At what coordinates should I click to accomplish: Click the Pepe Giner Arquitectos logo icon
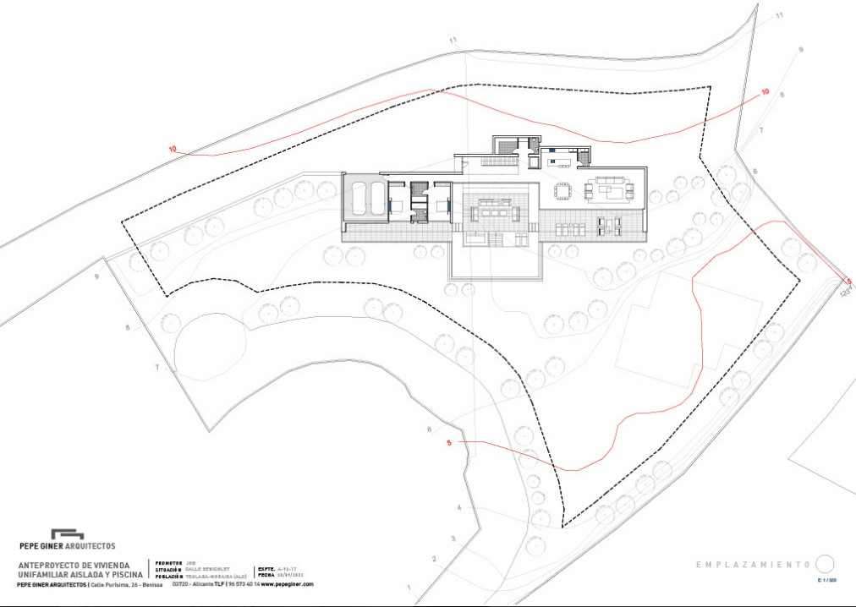coord(67,534)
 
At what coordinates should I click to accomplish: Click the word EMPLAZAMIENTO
coord(753,565)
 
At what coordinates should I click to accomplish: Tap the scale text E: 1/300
coord(826,581)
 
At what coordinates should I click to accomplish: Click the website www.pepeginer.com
coord(287,584)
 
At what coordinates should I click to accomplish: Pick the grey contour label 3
coord(453,539)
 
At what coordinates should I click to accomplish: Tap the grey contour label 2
coord(434,559)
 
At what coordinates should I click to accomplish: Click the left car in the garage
coord(359,200)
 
